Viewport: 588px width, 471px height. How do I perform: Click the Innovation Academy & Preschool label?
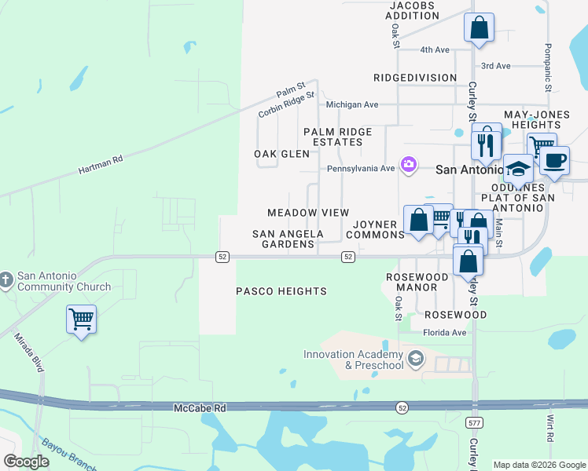click(354, 360)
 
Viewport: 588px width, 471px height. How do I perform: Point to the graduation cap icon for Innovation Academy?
click(416, 360)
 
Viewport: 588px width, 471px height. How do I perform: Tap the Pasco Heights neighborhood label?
click(281, 291)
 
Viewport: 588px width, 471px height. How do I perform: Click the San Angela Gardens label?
click(288, 239)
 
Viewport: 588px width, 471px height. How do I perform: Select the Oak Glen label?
click(281, 154)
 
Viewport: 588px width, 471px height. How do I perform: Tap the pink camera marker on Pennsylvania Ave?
click(409, 165)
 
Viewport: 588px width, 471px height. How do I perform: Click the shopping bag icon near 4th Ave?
click(479, 29)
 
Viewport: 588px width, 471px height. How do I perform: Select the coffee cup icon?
click(554, 161)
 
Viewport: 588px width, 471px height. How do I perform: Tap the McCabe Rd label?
click(199, 408)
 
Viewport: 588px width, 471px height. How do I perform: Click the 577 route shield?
click(473, 423)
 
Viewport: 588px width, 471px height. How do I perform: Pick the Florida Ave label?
click(446, 333)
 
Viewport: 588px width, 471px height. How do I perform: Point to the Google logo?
click(27, 462)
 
